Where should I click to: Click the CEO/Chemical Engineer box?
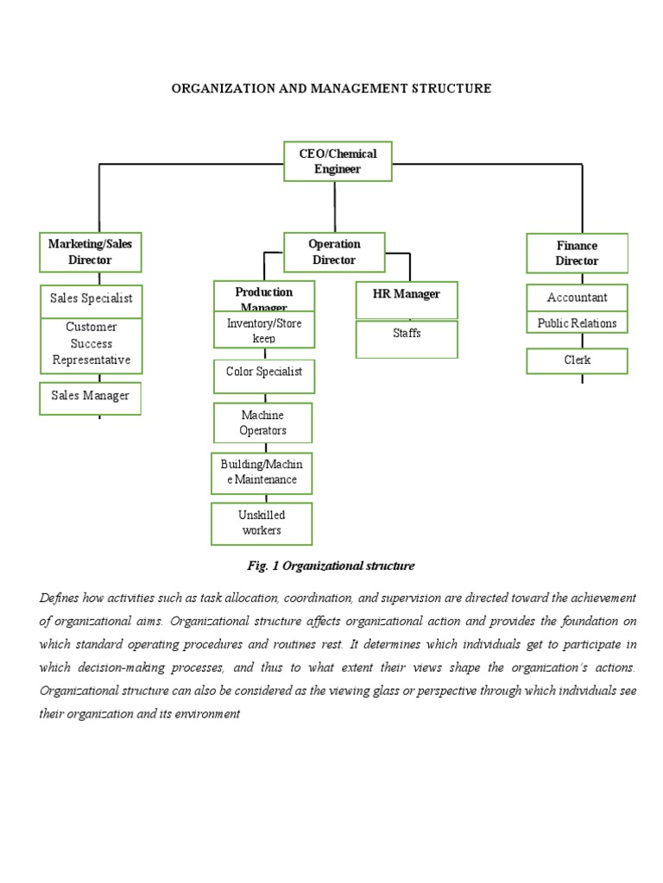point(338,161)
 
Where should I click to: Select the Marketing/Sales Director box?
point(91,252)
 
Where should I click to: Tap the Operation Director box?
point(334,252)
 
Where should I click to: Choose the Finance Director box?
point(577,253)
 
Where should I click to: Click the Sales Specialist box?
point(91,298)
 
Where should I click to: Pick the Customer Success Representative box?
point(91,344)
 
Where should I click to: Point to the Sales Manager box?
point(90,397)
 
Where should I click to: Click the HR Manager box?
point(406,298)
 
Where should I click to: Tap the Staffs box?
point(406,338)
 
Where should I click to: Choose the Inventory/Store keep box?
point(263,330)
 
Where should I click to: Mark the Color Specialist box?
point(263,375)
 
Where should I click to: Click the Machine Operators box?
point(263,423)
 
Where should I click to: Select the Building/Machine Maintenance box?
point(262,473)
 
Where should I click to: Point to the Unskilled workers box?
point(262,523)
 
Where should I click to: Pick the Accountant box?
point(577,297)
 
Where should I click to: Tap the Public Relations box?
point(577,323)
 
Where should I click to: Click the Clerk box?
point(577,360)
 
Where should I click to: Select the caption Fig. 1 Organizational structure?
point(331,566)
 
